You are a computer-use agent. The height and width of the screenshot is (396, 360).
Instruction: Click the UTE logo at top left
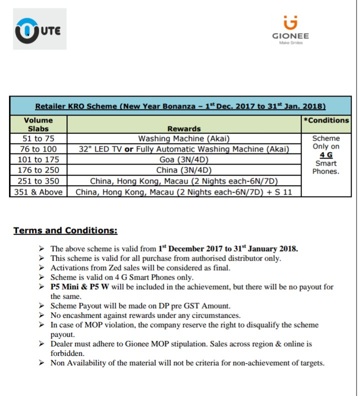click(x=39, y=31)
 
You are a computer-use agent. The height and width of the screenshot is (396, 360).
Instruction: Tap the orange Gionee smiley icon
click(x=290, y=22)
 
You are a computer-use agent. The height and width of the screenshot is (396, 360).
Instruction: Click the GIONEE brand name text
click(x=290, y=36)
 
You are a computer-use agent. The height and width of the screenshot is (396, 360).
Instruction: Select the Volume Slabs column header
click(x=38, y=124)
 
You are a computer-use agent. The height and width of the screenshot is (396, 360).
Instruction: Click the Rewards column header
click(x=184, y=128)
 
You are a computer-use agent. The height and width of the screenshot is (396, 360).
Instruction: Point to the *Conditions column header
click(x=326, y=120)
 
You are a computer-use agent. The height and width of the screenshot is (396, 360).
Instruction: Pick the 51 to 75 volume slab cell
click(x=38, y=138)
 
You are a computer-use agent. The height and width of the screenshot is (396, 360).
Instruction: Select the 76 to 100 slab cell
click(x=38, y=149)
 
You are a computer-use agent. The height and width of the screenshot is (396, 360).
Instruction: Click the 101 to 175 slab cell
click(x=38, y=159)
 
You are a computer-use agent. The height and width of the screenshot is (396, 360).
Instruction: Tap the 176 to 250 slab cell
click(x=38, y=170)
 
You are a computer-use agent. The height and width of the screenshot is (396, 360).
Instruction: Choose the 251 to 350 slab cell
click(x=38, y=180)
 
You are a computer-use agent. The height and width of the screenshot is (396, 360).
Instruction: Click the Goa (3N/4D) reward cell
click(x=184, y=159)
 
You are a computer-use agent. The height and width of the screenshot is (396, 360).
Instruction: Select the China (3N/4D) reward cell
click(x=184, y=170)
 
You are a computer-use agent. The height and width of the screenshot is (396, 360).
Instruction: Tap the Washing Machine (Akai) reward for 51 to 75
click(x=184, y=138)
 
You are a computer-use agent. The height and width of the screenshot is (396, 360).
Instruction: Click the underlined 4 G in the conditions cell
click(x=326, y=155)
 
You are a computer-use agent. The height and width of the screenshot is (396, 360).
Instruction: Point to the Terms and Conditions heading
click(x=65, y=230)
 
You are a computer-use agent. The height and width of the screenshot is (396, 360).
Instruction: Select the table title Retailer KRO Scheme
click(x=180, y=106)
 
